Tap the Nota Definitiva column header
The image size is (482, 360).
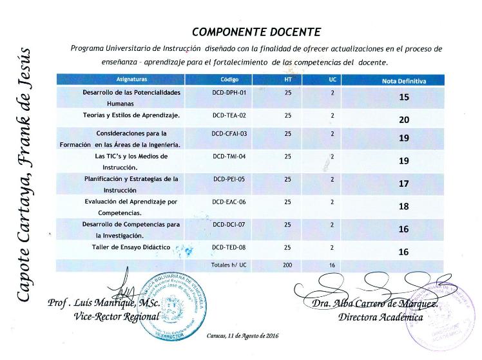click(404, 81)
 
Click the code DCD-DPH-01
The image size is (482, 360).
click(229, 92)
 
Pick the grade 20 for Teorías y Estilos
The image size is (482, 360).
click(404, 120)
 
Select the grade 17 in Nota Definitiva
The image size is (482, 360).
click(404, 184)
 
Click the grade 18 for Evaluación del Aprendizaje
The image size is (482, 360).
click(404, 207)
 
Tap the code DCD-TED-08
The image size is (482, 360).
click(229, 247)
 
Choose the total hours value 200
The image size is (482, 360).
click(287, 265)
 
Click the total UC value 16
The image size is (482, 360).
click(332, 265)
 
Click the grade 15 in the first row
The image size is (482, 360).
click(404, 98)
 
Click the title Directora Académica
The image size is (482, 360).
click(380, 317)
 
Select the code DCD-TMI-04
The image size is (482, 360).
click(229, 156)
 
